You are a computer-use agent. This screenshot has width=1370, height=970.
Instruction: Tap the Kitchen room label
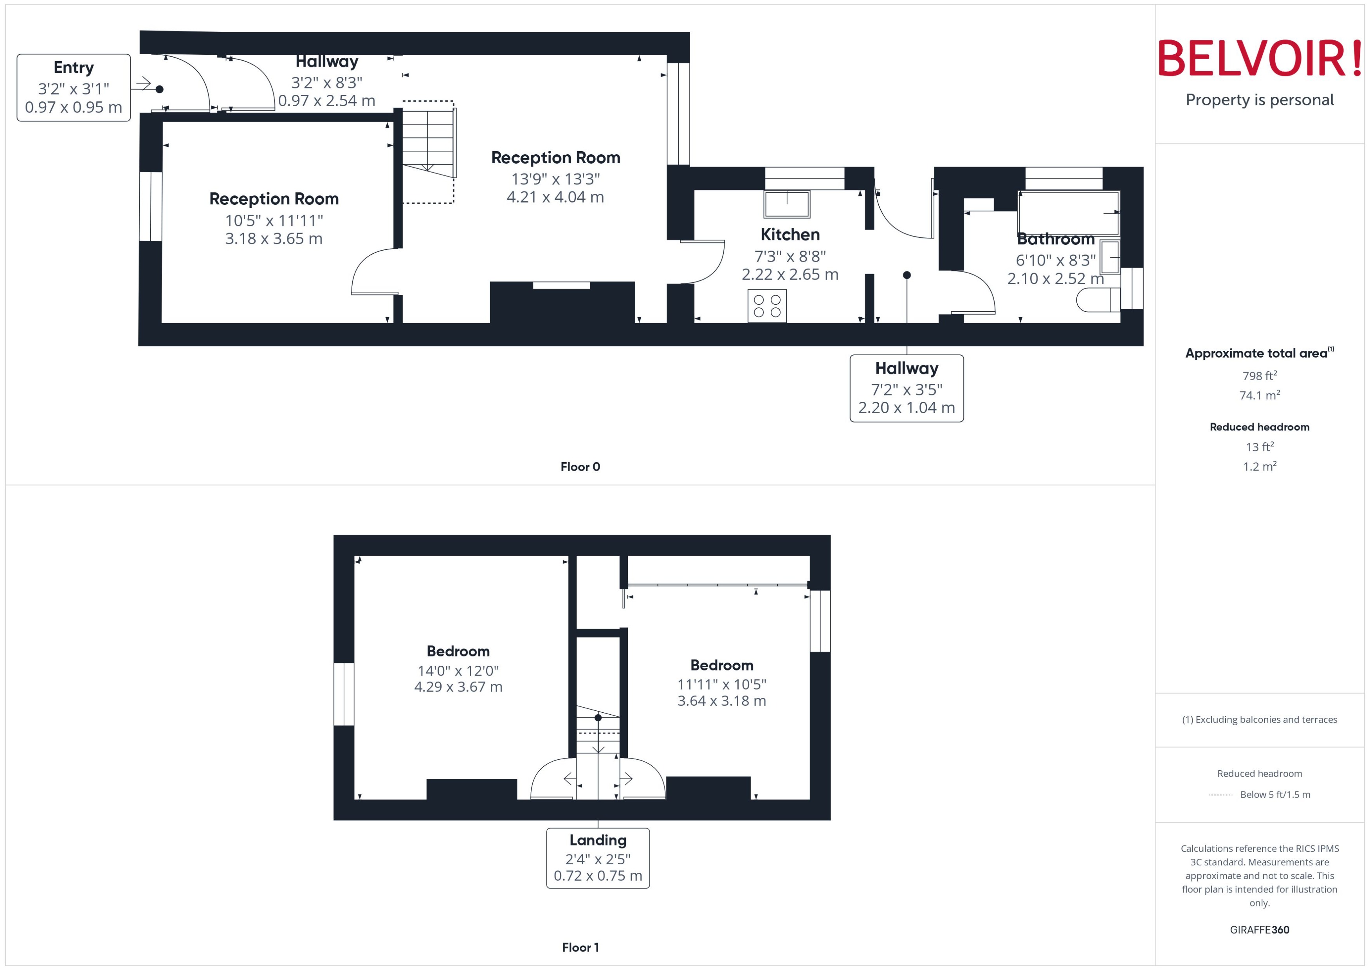tap(790, 235)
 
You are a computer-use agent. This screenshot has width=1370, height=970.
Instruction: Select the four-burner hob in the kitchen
tap(767, 306)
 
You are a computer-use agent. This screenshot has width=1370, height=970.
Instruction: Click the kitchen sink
tap(787, 204)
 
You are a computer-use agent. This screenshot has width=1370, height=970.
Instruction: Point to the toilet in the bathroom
tap(1097, 300)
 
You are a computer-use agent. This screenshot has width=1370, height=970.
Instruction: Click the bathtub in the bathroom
tap(1069, 213)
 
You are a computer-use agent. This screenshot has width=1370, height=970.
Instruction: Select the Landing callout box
tap(598, 858)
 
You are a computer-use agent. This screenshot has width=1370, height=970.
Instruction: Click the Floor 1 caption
tap(580, 947)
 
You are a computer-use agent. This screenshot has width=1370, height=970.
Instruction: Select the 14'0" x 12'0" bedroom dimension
tap(458, 671)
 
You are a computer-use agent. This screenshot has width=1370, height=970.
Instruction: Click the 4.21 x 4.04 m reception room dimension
tap(555, 197)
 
